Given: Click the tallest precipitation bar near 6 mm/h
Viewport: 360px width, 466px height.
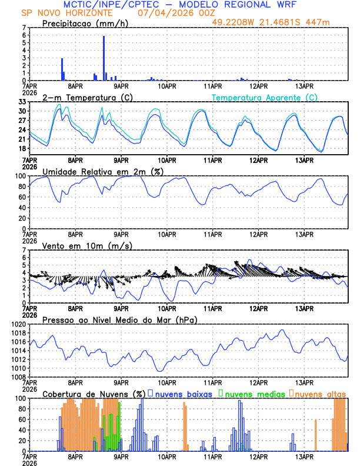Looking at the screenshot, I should coord(104,58).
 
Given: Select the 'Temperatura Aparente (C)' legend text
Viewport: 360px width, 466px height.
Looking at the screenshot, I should coord(264,97).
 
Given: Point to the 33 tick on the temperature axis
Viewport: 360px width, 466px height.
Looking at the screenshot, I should coord(22,102).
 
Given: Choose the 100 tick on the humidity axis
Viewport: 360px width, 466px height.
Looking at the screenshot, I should coord(20,176).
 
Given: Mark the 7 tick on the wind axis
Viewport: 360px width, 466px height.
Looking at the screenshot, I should coord(24,250).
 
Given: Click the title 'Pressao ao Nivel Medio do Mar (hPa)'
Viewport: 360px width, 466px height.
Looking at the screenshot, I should coord(119,319).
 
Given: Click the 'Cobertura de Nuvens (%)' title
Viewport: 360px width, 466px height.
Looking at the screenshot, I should coord(93,394).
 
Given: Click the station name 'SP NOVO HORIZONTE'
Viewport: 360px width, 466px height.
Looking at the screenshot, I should coord(60,12).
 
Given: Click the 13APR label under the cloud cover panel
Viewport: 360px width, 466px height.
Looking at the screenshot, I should coord(304,456).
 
